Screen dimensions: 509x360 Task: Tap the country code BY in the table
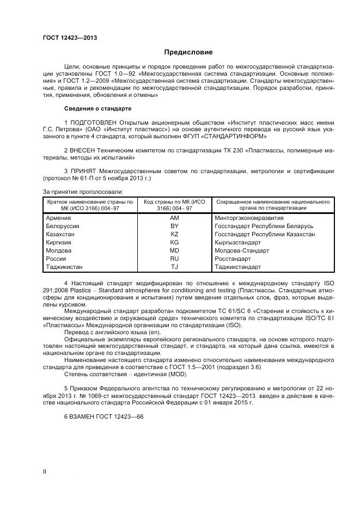point(174,225)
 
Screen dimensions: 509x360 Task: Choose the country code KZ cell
point(174,234)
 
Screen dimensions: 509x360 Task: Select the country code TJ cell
point(174,267)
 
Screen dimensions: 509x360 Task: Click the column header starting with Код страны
point(174,204)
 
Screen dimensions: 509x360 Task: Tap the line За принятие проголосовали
point(83,192)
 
